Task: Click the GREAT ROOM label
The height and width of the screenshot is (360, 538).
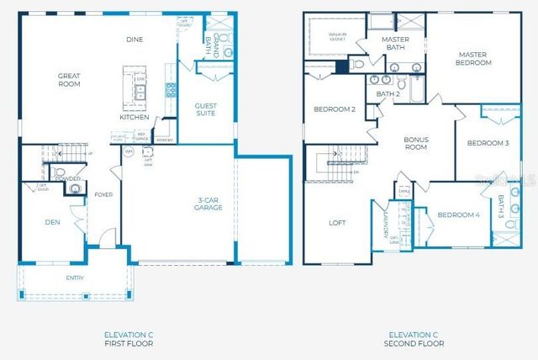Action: [x=69, y=80]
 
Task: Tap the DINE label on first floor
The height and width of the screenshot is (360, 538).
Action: [x=134, y=39]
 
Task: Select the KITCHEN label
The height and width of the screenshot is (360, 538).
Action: [x=134, y=117]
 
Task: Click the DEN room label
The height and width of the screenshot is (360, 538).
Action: [x=51, y=222]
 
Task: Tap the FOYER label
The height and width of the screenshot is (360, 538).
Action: [x=103, y=194]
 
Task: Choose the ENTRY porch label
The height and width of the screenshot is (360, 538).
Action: [x=75, y=277]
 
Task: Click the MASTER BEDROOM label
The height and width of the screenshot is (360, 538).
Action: [x=473, y=59]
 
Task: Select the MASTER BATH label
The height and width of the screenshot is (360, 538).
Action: [x=395, y=44]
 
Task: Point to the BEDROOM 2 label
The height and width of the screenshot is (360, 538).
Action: [x=335, y=109]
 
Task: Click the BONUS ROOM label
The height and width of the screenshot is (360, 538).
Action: [x=417, y=144]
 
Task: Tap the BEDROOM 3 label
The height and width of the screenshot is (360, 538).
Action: [x=488, y=143]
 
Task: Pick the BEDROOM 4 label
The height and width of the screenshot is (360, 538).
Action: [x=458, y=214]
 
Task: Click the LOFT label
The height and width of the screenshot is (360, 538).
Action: [x=336, y=223]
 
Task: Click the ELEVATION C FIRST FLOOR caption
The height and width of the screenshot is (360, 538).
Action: [x=129, y=339]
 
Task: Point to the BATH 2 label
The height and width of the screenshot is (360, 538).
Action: [x=388, y=94]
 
